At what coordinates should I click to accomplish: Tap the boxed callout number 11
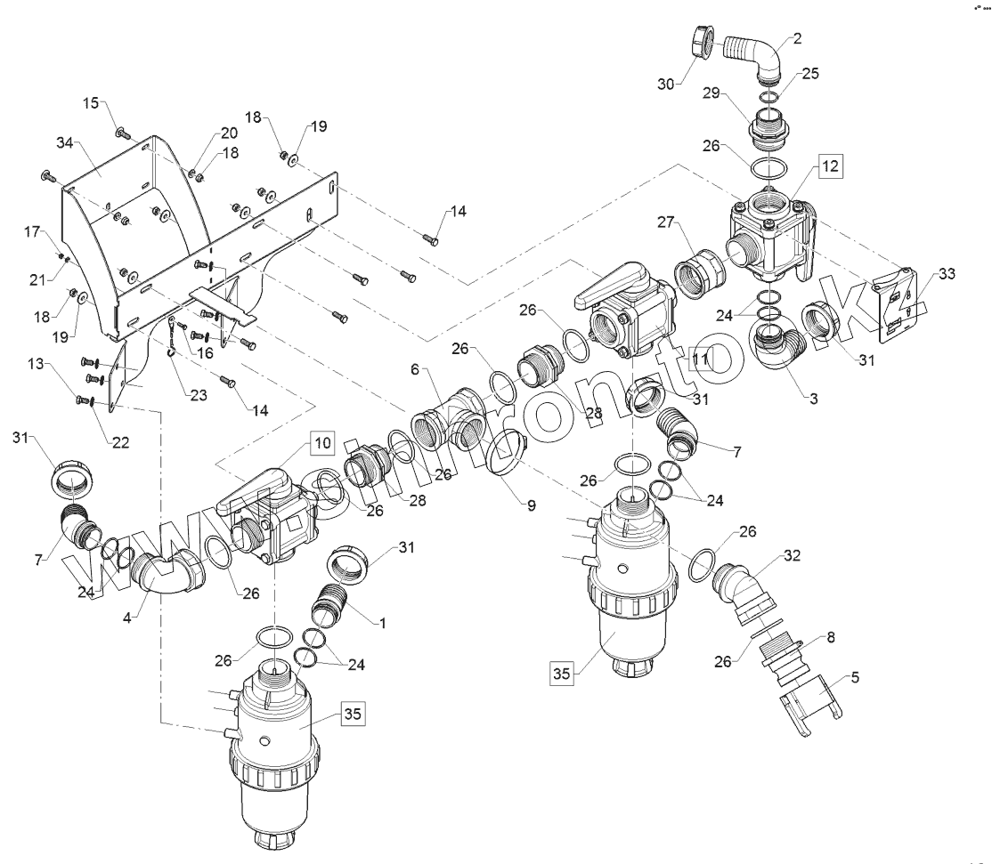tap(701, 359)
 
